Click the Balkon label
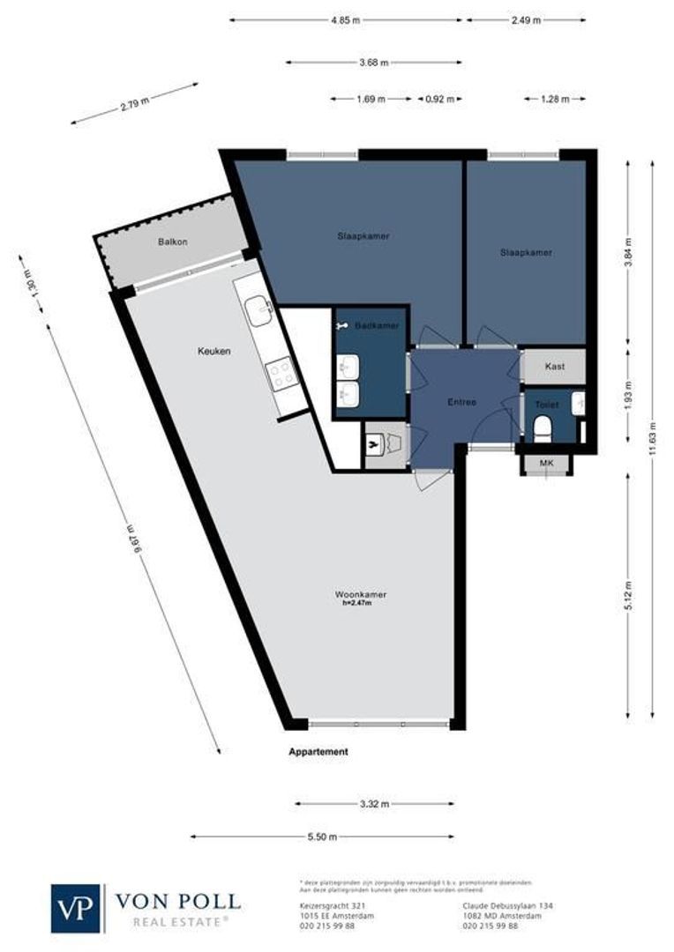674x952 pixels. [173, 242]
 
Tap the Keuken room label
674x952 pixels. [213, 351]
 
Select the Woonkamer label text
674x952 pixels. [360, 594]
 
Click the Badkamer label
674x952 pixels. [377, 326]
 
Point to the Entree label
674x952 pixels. [461, 402]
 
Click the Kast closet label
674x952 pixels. [553, 366]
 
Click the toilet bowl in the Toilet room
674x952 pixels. [544, 428]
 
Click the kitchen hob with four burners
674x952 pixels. [282, 375]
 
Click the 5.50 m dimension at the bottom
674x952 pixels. [322, 837]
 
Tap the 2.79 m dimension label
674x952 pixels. [135, 106]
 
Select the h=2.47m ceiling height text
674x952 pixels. [357, 604]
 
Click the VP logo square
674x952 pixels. [78, 907]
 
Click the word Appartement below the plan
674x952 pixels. [318, 752]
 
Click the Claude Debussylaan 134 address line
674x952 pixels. [501, 905]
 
